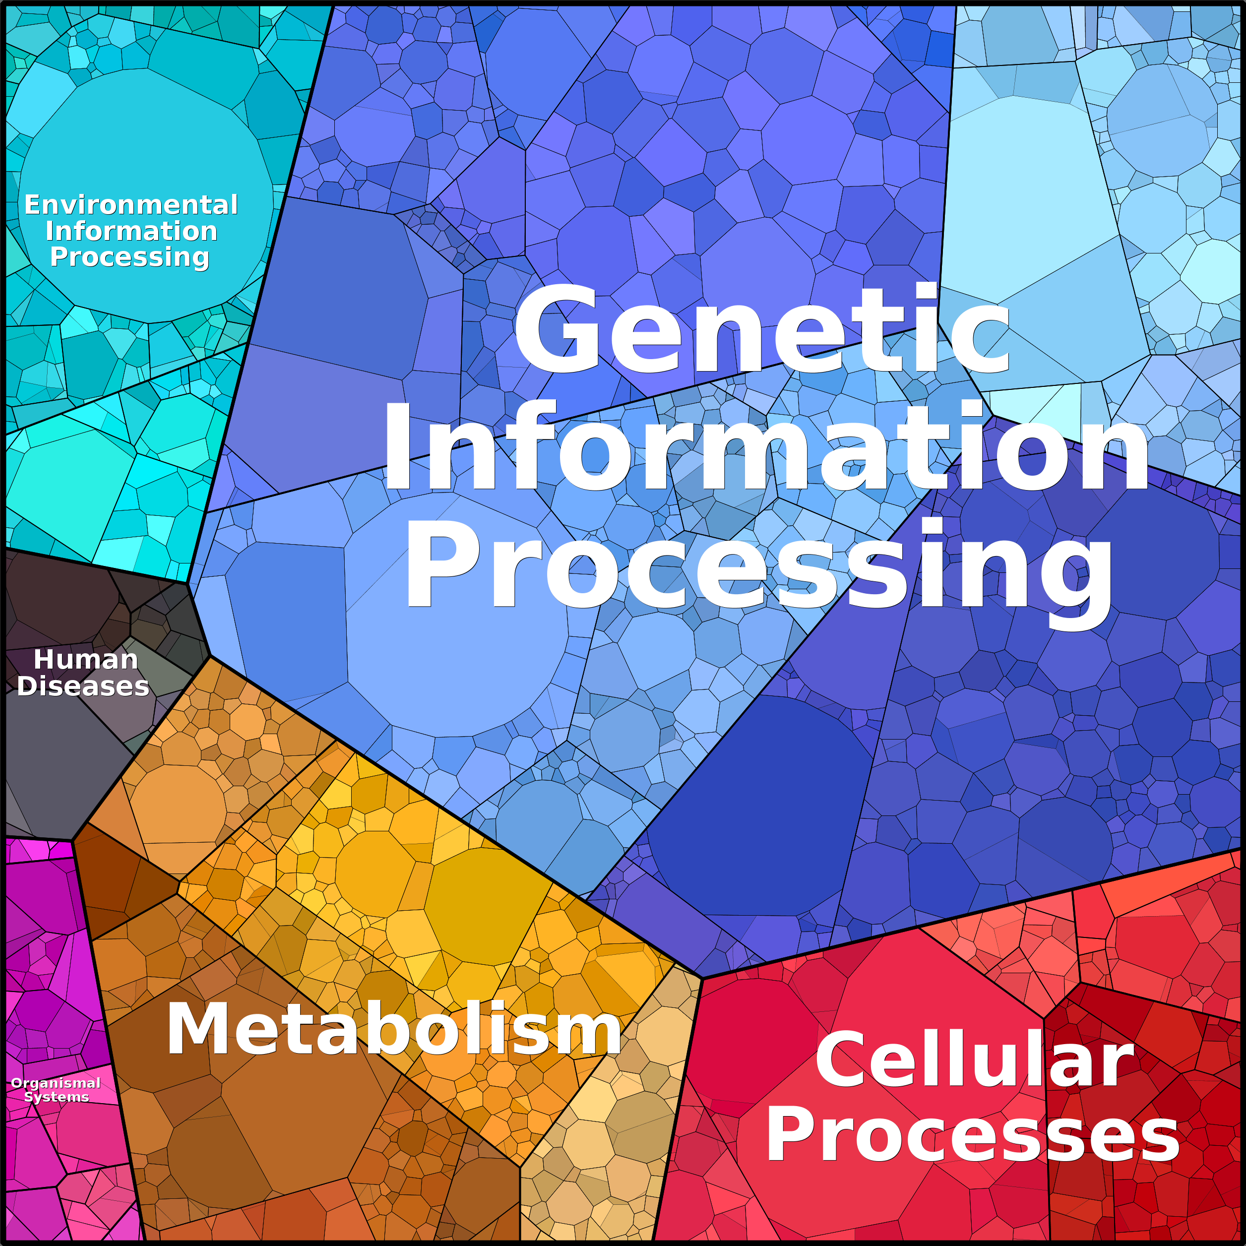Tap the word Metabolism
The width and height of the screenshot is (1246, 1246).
[393, 1029]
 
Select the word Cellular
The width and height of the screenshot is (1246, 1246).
[974, 1060]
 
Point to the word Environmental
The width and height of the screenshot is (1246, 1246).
[131, 205]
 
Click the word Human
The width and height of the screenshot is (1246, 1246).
[86, 660]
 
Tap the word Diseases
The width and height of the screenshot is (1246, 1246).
[83, 686]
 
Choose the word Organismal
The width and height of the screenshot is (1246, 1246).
[56, 1083]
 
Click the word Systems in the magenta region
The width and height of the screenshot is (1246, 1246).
[57, 1097]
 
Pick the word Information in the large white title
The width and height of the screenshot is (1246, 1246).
[765, 446]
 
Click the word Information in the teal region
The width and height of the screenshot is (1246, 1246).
[131, 231]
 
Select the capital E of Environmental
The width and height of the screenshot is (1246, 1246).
[33, 205]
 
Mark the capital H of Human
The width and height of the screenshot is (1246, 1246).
[45, 660]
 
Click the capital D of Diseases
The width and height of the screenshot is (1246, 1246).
[27, 686]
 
